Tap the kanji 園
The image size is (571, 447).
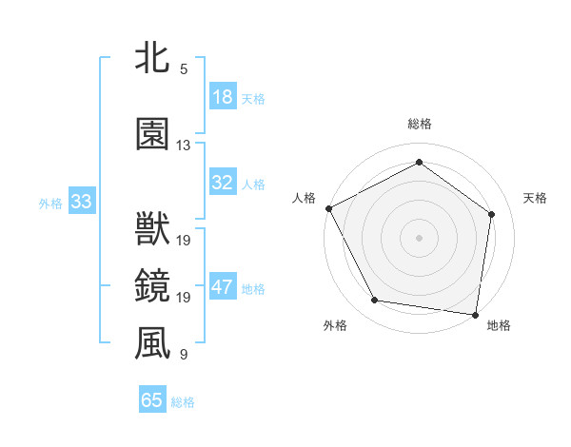[152, 135]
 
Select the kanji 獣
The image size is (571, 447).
[152, 231]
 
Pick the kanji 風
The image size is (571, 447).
[152, 344]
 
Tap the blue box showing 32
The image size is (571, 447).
[223, 184]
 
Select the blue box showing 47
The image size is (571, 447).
[223, 288]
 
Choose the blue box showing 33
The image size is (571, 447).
[81, 202]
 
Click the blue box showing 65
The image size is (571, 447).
[152, 400]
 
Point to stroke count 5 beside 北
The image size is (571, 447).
[183, 69]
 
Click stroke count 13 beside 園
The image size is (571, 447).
[183, 146]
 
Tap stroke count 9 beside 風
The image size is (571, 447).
[183, 355]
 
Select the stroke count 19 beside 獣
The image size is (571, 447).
[184, 241]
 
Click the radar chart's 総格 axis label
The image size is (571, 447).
[420, 124]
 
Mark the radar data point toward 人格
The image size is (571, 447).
[328, 208]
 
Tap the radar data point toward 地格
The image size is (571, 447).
[476, 314]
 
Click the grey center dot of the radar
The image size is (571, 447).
[420, 237]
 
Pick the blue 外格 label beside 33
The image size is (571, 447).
[50, 203]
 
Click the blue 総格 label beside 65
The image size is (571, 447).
[183, 402]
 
